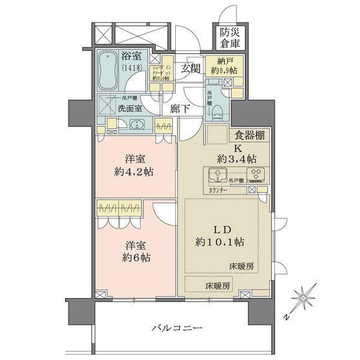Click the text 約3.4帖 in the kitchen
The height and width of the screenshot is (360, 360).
coord(237,159)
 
